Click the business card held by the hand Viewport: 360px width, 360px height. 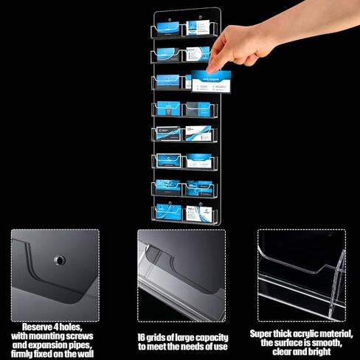point(211,82)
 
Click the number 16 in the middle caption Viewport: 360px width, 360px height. point(142,336)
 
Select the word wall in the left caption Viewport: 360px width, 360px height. point(86,353)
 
